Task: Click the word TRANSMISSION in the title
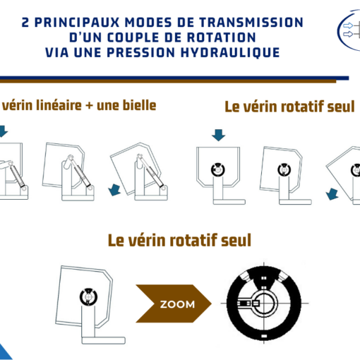[x=251, y=23]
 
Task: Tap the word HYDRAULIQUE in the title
[x=230, y=52]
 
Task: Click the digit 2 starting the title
[x=25, y=23]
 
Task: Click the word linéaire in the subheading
[x=59, y=105]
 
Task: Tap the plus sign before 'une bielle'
[x=89, y=106]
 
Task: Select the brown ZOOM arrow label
[x=174, y=304]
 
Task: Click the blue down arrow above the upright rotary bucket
[x=219, y=135]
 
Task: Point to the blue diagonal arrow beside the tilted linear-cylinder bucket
[x=114, y=190]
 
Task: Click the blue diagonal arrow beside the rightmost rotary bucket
[x=332, y=194]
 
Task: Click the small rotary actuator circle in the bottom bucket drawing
[x=88, y=296]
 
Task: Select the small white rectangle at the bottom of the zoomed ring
[x=264, y=336]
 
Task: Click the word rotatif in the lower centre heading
[x=193, y=241]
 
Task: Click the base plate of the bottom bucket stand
[x=104, y=340]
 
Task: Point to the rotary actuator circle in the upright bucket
[x=218, y=169]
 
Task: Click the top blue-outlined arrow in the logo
[x=348, y=25]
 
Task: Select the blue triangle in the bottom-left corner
[x=5, y=353]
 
